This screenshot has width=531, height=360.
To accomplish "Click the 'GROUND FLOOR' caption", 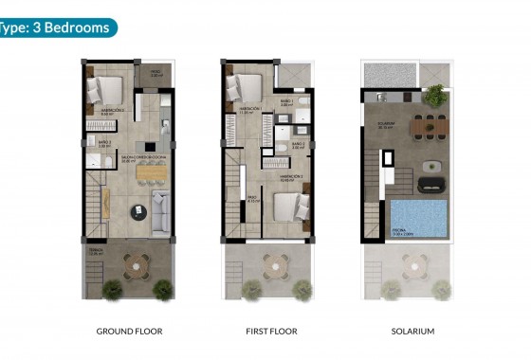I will point(130,332).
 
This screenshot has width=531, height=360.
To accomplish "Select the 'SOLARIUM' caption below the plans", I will point(412,332).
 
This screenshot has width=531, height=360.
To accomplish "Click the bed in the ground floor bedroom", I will point(104,92).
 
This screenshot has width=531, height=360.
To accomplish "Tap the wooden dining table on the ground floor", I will point(150,173).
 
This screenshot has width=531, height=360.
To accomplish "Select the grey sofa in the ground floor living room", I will point(159,211).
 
